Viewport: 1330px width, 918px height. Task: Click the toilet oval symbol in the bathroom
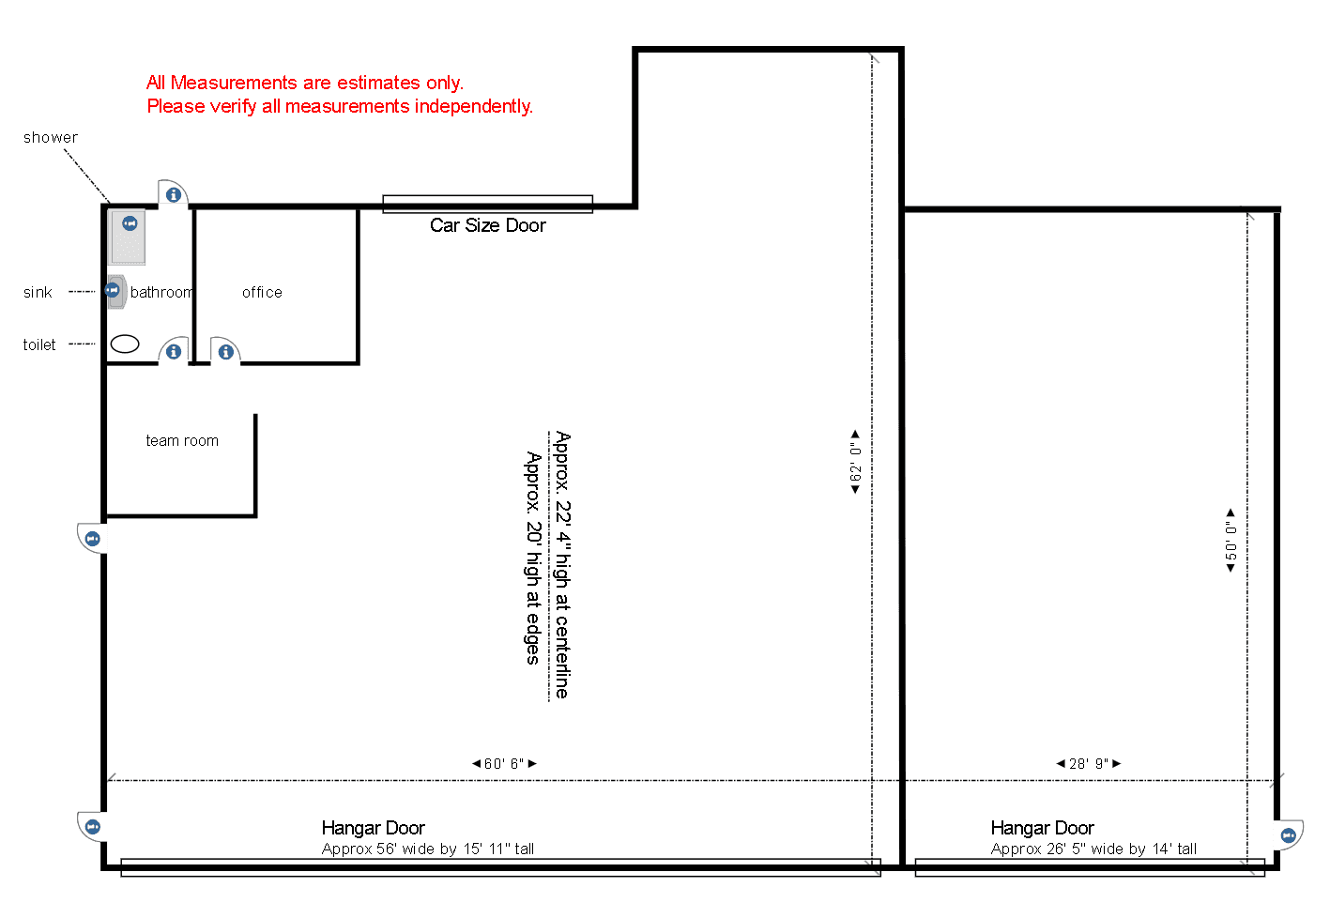[125, 344]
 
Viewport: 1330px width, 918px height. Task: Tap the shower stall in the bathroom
[127, 237]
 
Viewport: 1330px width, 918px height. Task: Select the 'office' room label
[262, 292]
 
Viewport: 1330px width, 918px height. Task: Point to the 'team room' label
[182, 440]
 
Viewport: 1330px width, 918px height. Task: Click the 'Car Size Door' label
[487, 225]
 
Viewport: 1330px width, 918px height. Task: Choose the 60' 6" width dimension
[504, 764]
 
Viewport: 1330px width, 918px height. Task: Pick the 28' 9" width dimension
[1089, 764]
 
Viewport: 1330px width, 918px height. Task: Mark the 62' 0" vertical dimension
[855, 462]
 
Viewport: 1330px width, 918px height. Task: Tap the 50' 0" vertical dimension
[1231, 541]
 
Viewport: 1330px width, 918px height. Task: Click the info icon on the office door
[225, 352]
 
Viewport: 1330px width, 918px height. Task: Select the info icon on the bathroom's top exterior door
[174, 194]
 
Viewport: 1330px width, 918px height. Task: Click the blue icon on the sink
[113, 290]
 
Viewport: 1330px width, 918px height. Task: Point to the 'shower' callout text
[51, 138]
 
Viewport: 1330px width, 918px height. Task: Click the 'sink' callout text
[38, 292]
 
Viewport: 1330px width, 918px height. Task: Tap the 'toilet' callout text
[39, 344]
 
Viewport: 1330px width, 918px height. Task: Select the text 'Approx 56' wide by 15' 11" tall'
[427, 849]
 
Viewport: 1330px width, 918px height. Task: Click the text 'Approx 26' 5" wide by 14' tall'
[1093, 849]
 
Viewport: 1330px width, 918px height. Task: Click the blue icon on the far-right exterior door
[1288, 836]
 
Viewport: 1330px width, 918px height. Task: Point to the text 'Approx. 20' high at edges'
[533, 558]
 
